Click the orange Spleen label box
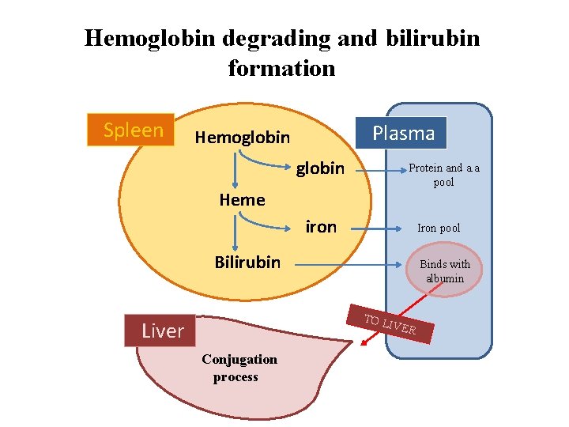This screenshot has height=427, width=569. [x=133, y=130]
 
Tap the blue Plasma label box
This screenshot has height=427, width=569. [x=403, y=133]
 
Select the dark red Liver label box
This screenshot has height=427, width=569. [x=162, y=331]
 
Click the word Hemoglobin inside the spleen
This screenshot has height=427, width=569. [x=242, y=138]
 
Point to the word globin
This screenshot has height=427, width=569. [x=320, y=168]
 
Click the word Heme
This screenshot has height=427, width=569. [x=242, y=200]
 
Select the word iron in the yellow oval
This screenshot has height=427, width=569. [x=321, y=227]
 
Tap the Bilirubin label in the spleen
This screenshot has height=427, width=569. [x=247, y=262]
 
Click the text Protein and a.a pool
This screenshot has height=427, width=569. [x=443, y=175]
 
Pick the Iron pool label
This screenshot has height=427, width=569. [x=439, y=229]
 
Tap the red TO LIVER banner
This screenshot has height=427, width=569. [x=390, y=325]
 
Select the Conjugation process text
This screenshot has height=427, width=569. [x=239, y=368]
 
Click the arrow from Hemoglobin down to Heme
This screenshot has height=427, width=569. [x=235, y=171]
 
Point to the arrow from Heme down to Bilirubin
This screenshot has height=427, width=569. [x=235, y=232]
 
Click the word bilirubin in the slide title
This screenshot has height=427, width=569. [x=433, y=38]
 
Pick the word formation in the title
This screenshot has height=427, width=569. [x=281, y=68]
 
